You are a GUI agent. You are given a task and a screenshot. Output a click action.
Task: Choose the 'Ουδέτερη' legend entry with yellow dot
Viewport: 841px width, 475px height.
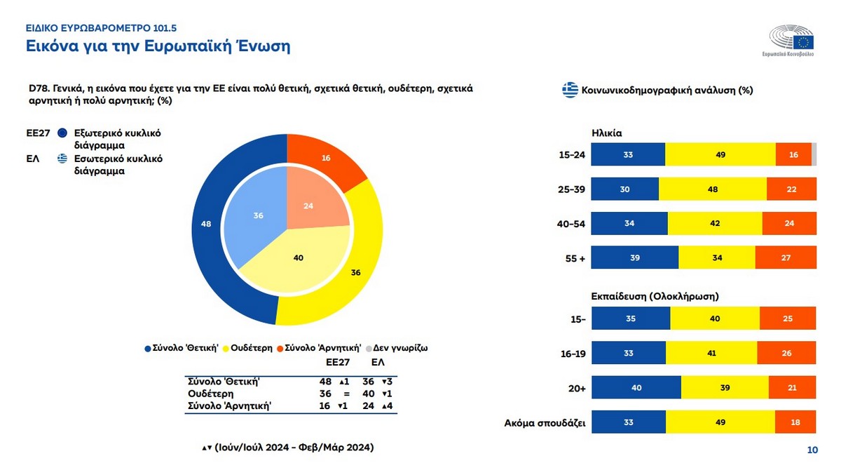(x=249, y=347)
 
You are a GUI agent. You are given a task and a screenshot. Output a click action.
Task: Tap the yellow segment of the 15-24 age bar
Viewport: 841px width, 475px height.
(x=720, y=154)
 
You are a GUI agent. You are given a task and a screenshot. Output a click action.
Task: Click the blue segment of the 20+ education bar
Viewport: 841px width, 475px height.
(x=636, y=387)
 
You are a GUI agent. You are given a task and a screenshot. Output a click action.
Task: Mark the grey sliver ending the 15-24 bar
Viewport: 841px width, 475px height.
(x=814, y=154)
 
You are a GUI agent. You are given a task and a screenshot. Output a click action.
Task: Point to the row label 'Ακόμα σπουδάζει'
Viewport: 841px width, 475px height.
(x=545, y=422)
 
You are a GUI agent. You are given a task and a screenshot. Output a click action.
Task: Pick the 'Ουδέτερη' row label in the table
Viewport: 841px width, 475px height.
(x=209, y=394)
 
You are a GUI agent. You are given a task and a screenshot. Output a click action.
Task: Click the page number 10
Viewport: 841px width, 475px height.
(x=812, y=450)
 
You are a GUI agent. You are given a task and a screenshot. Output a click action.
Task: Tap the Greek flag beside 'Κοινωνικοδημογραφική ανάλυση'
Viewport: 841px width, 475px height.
(x=570, y=90)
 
